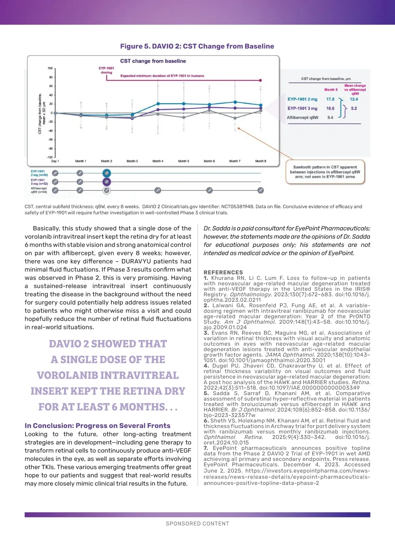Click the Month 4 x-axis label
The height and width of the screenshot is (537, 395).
coord(158,161)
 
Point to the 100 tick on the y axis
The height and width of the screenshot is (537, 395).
coord(50,68)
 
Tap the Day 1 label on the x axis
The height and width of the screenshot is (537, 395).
coord(55,161)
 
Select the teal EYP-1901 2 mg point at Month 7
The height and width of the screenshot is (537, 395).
coord(235,102)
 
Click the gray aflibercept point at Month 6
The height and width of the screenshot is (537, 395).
coord(209,110)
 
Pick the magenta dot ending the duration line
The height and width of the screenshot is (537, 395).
coord(261,80)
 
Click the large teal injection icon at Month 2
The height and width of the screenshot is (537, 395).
coord(107,173)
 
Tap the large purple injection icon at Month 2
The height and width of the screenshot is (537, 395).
coord(107,182)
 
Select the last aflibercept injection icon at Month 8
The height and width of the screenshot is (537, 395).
coord(261,190)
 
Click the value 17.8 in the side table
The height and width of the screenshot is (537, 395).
coord(330,99)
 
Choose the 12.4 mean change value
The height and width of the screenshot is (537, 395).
coord(354,99)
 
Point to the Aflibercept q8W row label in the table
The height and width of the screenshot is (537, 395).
coord(303,117)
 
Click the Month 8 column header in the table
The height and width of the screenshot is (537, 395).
coord(331,89)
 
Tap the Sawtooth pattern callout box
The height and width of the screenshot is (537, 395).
coord(325,172)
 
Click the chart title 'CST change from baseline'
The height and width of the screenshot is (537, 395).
coord(153,61)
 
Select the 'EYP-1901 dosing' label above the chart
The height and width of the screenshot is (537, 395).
coord(106,70)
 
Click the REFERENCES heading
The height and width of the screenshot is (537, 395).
coord(223,272)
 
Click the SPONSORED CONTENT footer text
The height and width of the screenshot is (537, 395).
coord(197,524)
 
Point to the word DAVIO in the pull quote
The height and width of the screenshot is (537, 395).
coord(65,344)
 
